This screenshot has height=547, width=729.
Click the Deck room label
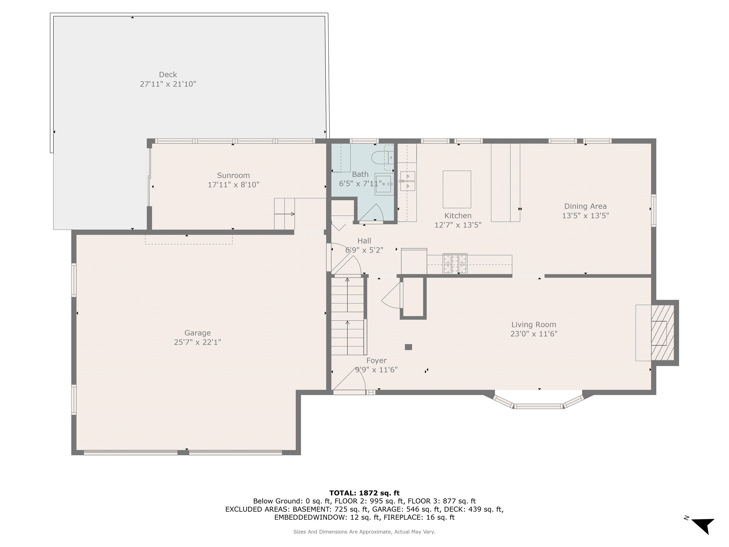(168, 75)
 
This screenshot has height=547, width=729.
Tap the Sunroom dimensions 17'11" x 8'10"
(233, 185)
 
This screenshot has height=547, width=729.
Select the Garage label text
(197, 333)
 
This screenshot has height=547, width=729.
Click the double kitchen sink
(408, 181)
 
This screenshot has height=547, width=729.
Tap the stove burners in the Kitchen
(455, 264)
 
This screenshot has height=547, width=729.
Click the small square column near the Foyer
(408, 347)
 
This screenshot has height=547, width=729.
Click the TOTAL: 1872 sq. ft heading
(364, 493)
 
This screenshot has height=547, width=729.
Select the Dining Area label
(585, 206)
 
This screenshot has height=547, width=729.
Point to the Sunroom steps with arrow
(285, 214)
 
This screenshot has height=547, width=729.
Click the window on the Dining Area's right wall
(653, 210)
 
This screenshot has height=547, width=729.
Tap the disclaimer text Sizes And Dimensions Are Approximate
(364, 532)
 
